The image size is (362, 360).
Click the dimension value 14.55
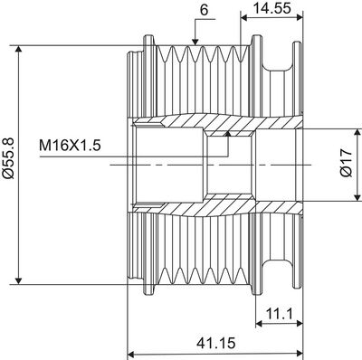pos(271,9)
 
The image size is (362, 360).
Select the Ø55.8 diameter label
pos(10,163)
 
